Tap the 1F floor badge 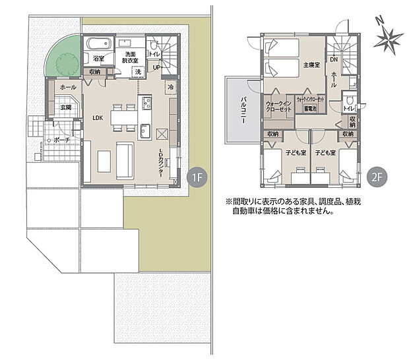(x=196, y=177)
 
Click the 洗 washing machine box (x=139, y=72)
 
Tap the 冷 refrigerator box (x=171, y=87)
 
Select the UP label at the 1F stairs (x=157, y=67)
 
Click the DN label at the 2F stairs (x=334, y=59)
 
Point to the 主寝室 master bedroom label (x=311, y=66)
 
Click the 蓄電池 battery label (x=310, y=107)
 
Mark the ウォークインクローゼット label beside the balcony (x=278, y=107)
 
